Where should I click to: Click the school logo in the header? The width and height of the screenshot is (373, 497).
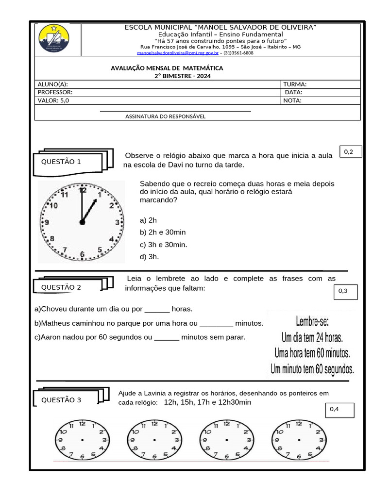pos(53,39)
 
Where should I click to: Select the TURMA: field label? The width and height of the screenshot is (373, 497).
pos(295,84)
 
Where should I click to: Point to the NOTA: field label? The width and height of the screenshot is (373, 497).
pos(292,101)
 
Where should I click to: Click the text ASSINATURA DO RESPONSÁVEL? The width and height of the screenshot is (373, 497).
pos(165,116)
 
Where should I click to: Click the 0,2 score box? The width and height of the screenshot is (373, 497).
pos(349,152)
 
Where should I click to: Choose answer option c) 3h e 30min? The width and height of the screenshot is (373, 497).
pos(163,245)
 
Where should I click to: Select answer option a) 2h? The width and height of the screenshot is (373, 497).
pos(148,220)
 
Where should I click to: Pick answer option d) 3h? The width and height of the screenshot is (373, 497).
pos(149,257)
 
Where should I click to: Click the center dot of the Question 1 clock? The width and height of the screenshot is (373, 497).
pos(82,222)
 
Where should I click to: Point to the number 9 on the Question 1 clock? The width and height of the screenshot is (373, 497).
pos(47,222)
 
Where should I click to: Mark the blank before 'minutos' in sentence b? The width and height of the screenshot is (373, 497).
pos(216,323)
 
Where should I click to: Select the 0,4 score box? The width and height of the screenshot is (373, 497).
pos(339,410)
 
